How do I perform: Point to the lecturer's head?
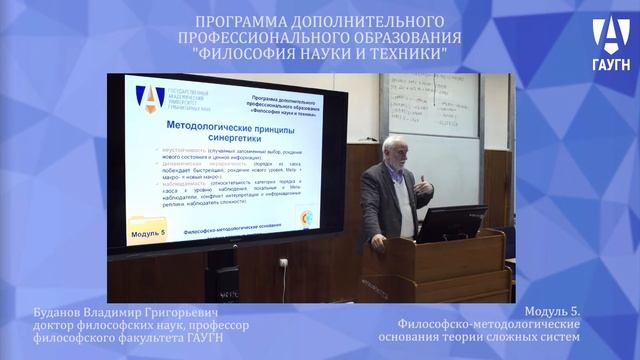395,150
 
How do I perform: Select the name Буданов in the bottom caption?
59,313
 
